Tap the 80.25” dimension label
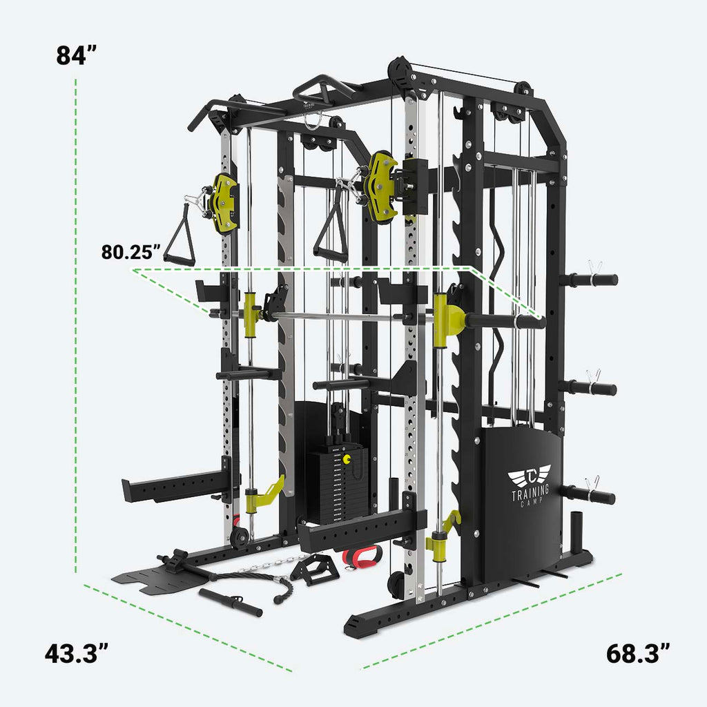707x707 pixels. (131, 252)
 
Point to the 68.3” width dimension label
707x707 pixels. (639, 652)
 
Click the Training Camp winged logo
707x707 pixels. (530, 476)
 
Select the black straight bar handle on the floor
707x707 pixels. (231, 601)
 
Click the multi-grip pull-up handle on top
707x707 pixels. (325, 88)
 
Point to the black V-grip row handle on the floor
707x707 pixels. (313, 569)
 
